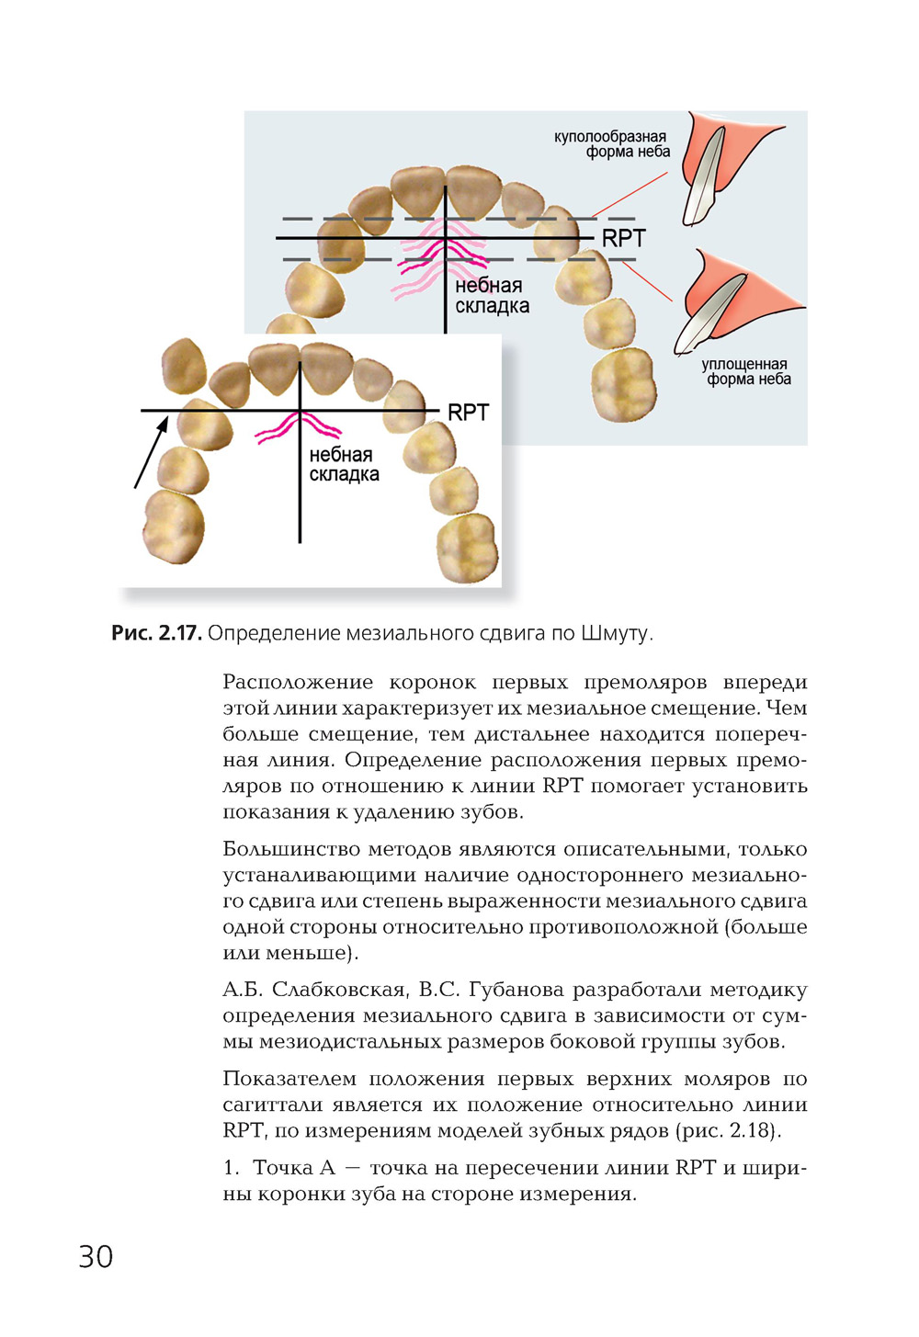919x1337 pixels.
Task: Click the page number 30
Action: click(96, 1256)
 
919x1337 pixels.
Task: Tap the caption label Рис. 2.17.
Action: click(155, 633)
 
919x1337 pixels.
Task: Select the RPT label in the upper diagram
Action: click(623, 239)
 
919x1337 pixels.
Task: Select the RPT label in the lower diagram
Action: click(468, 414)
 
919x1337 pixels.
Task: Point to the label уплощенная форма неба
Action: click(746, 371)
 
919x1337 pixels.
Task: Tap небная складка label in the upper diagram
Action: click(492, 296)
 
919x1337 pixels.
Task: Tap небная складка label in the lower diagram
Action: click(344, 465)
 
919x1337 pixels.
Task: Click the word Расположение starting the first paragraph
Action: click(298, 683)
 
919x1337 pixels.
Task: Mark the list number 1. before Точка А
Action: click(231, 1168)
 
